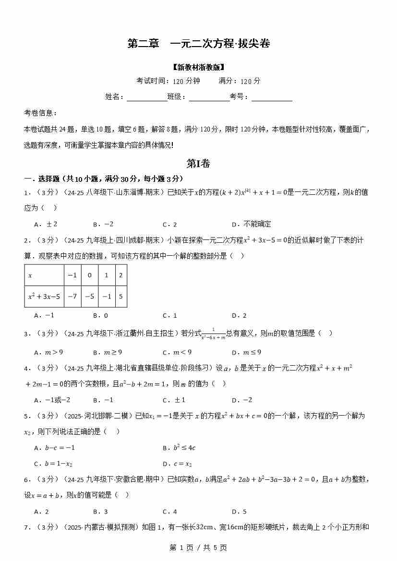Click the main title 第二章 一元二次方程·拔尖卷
(x=198, y=44)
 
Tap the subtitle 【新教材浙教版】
(x=198, y=67)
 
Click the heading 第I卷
(x=198, y=164)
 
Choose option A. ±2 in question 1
(x=46, y=224)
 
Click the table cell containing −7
(x=72, y=296)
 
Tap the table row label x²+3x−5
(x=44, y=296)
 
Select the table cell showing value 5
(x=120, y=296)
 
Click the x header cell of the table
(x=44, y=275)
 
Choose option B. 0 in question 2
(x=100, y=315)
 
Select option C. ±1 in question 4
(x=174, y=400)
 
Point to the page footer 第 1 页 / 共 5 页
(x=198, y=547)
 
